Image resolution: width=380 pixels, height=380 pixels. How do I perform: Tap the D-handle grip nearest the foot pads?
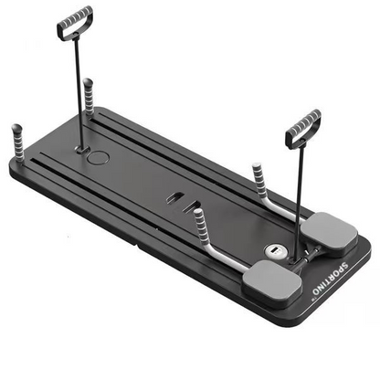coord(303,127)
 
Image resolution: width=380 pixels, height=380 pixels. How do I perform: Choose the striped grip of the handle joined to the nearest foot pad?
coord(199,222)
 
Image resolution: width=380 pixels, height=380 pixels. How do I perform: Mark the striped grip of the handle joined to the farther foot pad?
coord(259,177)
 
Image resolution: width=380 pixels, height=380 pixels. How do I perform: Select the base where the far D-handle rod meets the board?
coord(80,146)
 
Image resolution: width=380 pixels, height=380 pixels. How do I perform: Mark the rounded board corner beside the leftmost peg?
coord(15,164)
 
